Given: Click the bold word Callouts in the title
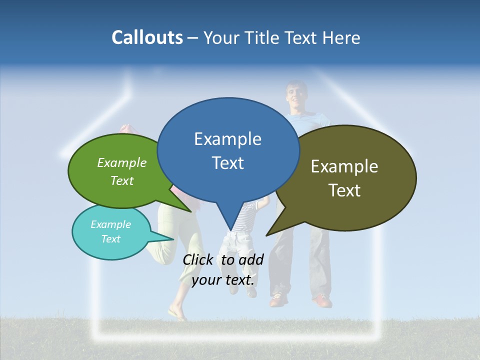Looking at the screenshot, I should [147, 37].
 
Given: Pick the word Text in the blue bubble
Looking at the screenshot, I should [227, 163].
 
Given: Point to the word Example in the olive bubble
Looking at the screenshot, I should [344, 166].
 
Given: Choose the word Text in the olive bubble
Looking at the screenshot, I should [344, 190].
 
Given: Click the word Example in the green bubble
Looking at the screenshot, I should [122, 162].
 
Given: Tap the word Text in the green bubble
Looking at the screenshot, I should [122, 180].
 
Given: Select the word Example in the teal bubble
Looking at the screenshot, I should [110, 224].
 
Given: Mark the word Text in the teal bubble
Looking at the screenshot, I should [110, 239].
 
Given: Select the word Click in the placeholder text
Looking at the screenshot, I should [197, 259].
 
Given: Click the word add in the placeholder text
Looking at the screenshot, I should [251, 259].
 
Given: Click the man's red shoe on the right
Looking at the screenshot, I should [322, 301].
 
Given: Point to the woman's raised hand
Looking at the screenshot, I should [126, 128].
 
